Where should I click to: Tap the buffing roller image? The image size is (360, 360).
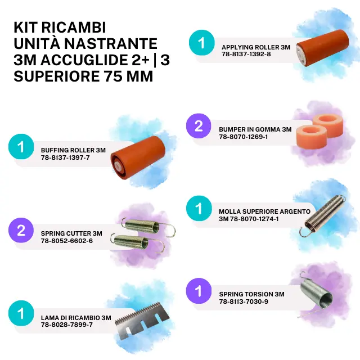pos(138,157)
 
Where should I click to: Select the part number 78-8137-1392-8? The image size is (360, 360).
pos(246,54)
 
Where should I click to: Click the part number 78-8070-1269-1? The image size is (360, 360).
pos(244,137)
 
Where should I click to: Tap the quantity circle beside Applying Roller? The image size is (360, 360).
pos(201,43)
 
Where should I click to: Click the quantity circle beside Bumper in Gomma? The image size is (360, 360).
pos(199,126)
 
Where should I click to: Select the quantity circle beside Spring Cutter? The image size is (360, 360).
pos(21,230)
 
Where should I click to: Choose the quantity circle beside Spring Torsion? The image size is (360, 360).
pos(199,291)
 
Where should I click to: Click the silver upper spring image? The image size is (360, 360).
pos(322,216)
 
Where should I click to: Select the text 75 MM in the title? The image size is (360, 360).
pos(128,76)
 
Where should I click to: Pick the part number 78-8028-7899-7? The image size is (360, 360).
pos(67,325)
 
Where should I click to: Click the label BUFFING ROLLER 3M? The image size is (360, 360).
pos(73,150)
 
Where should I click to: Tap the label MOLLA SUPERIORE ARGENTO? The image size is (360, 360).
pos(264,211)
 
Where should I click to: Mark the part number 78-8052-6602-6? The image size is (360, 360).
pos(67,241)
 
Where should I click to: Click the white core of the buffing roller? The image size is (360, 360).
pos(117,165)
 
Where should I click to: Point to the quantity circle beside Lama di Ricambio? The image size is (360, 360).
pos(21,313)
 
